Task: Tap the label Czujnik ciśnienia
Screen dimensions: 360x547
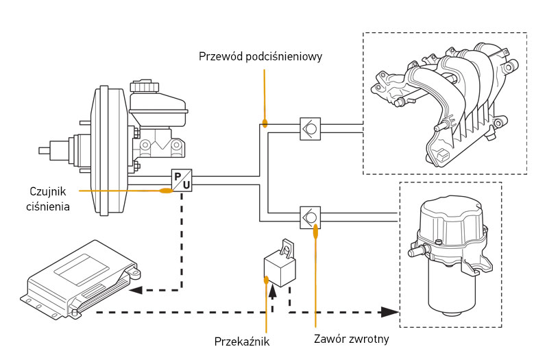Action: [x=50, y=197]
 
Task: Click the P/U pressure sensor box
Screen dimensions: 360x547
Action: [x=181, y=180]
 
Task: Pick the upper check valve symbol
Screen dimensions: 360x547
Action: [x=311, y=129]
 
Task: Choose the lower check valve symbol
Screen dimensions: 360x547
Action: [x=311, y=217]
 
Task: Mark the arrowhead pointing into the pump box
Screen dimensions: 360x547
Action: [x=391, y=312]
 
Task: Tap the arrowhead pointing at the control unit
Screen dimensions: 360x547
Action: [x=136, y=290]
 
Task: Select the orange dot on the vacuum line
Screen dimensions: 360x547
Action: [x=264, y=124]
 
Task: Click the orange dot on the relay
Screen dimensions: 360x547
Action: [x=266, y=279]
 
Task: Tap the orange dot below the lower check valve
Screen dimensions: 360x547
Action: [x=315, y=232]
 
